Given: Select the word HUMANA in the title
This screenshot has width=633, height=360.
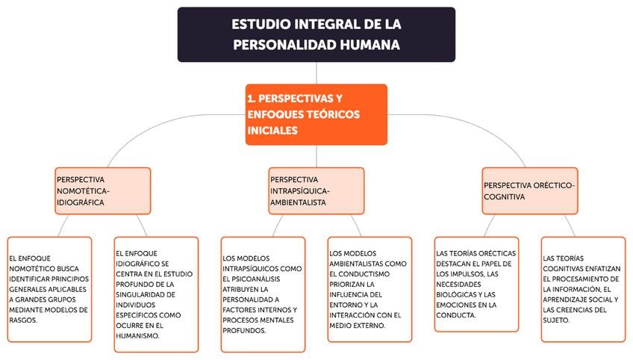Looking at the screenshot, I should click(367, 45).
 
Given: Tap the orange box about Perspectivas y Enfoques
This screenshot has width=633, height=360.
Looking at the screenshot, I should click(316, 114).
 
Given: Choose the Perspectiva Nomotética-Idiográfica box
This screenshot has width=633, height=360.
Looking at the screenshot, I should click(102, 190).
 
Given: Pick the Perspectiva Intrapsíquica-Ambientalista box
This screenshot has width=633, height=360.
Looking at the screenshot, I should click(316, 190).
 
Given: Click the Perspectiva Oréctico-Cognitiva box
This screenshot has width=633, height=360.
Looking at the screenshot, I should click(530, 190).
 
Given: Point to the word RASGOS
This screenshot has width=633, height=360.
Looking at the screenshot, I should click(22, 320).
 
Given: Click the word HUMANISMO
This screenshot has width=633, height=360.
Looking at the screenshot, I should click(137, 336).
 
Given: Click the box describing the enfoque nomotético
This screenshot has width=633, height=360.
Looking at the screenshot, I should click(49, 289).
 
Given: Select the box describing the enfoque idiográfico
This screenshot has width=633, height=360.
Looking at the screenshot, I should click(156, 289).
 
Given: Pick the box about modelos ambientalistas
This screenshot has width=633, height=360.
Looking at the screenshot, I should click(369, 289).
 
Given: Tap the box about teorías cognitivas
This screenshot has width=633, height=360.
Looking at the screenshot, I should click(583, 289).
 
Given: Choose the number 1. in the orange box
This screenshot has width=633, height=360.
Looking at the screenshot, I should click(251, 98).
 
